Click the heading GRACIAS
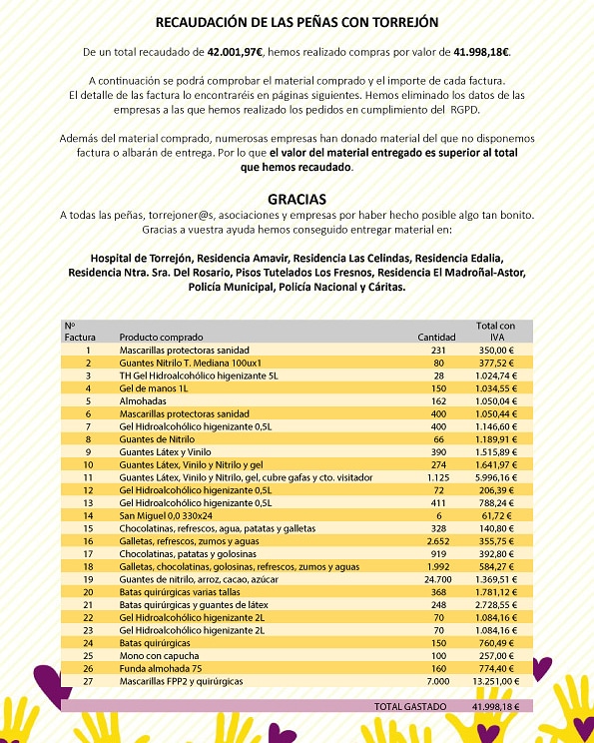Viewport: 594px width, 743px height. (297, 199)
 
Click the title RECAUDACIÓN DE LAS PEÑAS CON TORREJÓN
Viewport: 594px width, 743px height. (297, 22)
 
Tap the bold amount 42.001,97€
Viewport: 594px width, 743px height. (237, 50)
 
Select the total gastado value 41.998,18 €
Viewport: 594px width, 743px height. (496, 706)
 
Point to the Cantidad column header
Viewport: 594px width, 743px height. (435, 338)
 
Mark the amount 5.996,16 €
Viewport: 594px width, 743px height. (496, 476)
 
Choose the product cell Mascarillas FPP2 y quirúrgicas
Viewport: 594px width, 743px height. (181, 681)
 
